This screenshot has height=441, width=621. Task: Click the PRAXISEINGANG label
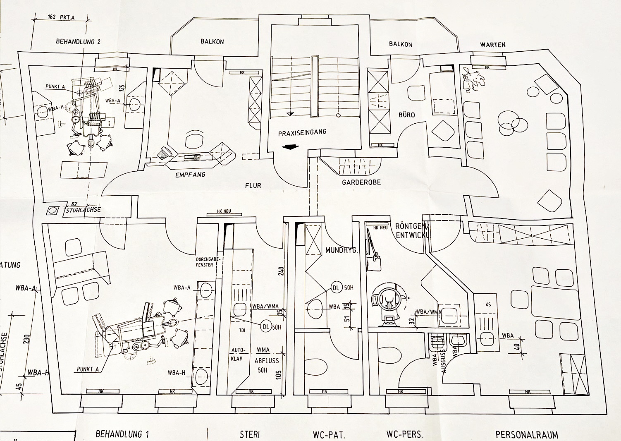point(302,133)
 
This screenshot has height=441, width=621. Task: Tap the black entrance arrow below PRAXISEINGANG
point(291,146)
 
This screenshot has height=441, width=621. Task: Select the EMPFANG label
point(191,175)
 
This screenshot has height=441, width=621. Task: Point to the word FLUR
point(253,186)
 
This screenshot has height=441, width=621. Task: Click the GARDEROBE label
point(361,182)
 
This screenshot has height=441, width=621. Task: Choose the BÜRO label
point(407,115)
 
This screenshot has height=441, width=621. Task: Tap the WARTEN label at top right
point(493,45)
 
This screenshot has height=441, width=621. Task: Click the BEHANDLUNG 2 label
point(78,41)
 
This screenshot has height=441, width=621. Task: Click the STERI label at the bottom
point(250,434)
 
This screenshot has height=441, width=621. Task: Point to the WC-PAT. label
point(329,435)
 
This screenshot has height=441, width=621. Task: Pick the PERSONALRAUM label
point(527,435)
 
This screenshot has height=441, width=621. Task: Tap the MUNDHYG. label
point(341,250)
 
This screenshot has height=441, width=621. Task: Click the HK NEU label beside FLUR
point(224,212)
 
